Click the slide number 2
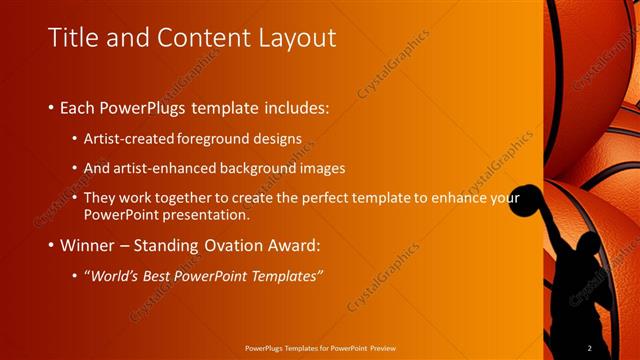[x=590, y=347]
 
